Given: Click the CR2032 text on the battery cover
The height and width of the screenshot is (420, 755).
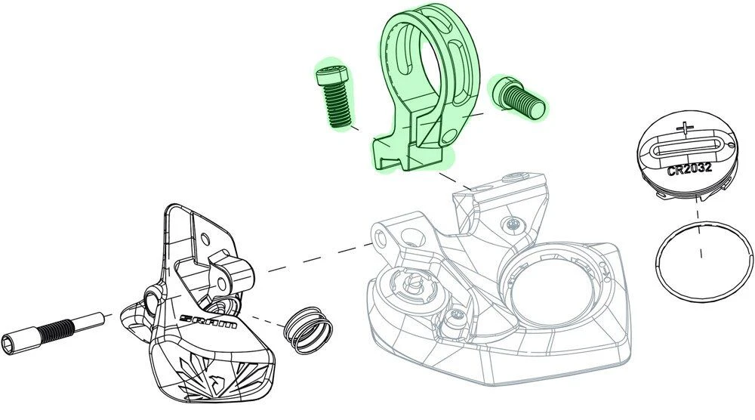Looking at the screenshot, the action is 689,169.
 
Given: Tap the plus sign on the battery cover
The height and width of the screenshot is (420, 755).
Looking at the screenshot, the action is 686,128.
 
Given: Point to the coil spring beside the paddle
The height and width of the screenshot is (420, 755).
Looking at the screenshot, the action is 308,330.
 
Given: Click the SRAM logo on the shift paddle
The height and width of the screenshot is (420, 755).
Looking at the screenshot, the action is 208,321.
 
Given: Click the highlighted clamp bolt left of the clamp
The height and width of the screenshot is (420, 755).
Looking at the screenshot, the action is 333,95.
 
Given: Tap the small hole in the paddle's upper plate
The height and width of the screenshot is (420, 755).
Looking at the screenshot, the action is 205,238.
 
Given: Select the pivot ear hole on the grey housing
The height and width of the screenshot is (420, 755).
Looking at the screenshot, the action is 381,237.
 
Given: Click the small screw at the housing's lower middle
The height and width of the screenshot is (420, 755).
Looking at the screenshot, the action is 455,317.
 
